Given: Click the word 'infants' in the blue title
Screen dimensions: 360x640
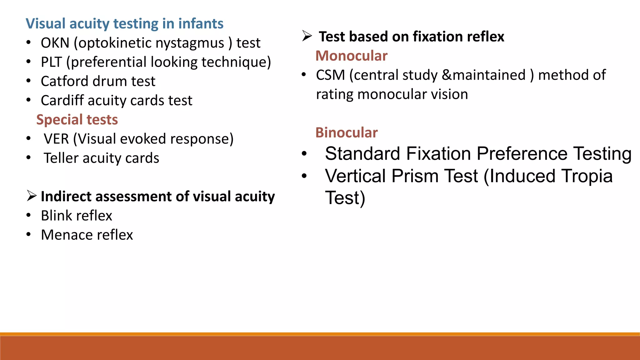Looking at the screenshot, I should (x=201, y=24).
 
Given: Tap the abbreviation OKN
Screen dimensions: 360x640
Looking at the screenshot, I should (x=55, y=43).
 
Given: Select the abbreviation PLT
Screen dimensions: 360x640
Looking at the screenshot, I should (x=51, y=62).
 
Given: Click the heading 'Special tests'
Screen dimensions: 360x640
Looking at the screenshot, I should (x=77, y=120).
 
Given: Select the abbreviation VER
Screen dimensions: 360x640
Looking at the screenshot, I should (x=56, y=139).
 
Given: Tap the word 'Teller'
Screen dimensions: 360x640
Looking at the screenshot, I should (x=61, y=158).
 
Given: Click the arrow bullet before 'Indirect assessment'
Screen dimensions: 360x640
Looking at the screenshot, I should (x=32, y=196).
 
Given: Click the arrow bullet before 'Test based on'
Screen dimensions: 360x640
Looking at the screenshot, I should (x=307, y=36).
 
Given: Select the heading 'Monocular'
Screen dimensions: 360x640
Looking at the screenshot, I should (x=351, y=56).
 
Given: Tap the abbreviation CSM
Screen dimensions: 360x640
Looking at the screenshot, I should (x=330, y=75).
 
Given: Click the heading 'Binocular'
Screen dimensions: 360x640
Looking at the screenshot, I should (x=346, y=132).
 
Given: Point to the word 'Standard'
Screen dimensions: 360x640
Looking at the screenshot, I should (x=362, y=154).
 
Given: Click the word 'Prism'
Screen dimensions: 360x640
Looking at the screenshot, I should (x=414, y=176).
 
